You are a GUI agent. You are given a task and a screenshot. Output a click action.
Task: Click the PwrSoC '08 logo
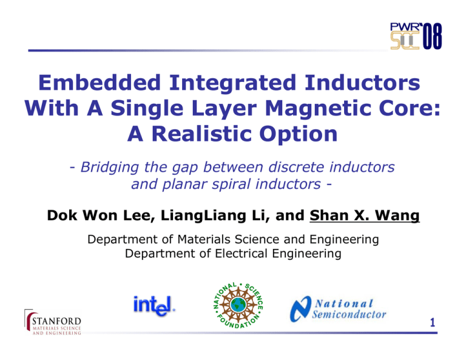click(416, 35)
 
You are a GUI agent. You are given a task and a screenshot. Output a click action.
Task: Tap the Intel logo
click(155, 304)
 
